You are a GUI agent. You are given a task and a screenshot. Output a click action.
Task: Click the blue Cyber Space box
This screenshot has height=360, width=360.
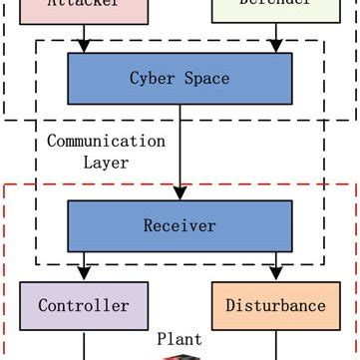click(180, 78)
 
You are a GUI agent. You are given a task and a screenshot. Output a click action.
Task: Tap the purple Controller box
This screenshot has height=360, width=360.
click(84, 305)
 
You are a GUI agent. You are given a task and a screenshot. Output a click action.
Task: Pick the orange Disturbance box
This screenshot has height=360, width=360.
click(274, 305)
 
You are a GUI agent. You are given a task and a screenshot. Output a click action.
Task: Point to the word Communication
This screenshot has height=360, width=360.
click(106, 141)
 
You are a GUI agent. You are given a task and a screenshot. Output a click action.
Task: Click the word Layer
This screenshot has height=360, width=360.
click(106, 162)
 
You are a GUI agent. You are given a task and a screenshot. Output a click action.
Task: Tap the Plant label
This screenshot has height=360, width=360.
click(180, 339)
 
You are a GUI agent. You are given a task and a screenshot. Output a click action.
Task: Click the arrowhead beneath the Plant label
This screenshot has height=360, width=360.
click(180, 356)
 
